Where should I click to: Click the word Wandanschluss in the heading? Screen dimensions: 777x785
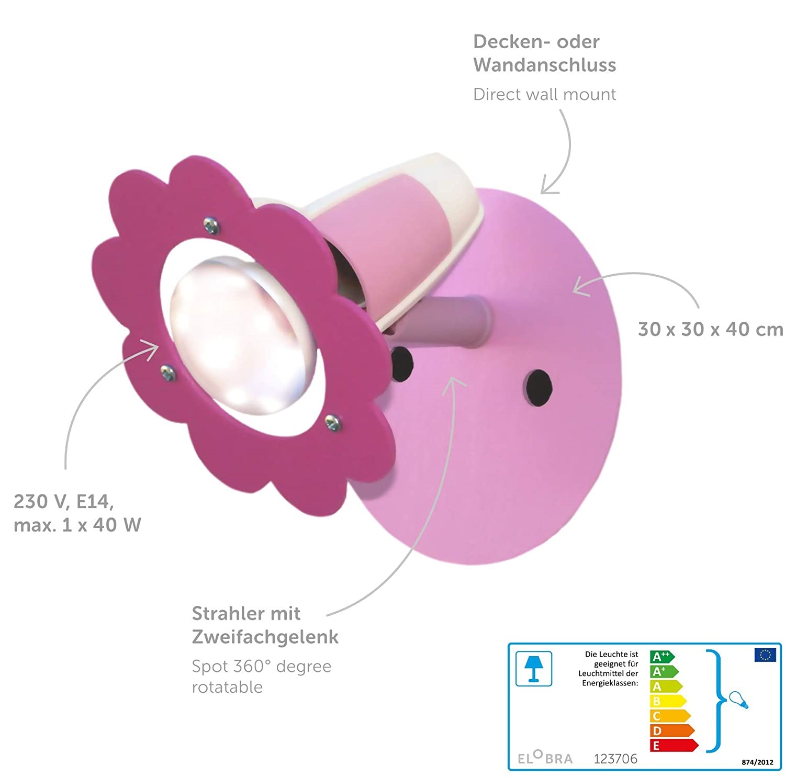pos(544,65)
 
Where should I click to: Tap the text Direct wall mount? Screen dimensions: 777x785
pos(544,94)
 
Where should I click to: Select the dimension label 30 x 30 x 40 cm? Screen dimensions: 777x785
pos(710,329)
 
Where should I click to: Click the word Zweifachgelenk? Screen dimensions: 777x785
pos(265,637)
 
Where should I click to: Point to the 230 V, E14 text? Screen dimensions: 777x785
pos(63,501)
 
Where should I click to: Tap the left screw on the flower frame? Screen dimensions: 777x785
pos(168,372)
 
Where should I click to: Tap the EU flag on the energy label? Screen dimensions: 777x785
pos(765,655)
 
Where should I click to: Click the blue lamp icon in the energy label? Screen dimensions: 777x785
pos(533,668)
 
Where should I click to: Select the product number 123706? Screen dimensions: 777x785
pos(615,759)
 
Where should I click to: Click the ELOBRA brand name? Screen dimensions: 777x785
pos(545,758)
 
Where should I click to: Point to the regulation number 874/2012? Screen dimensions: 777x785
pos(757,762)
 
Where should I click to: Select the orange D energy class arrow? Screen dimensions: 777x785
pos(671,731)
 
